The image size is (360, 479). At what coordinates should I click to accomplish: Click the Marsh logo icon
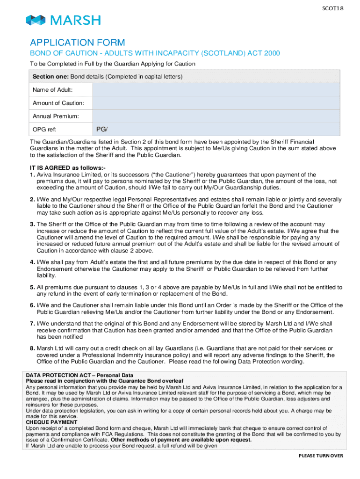(36, 20)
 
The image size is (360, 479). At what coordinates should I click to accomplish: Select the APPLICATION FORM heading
(78, 43)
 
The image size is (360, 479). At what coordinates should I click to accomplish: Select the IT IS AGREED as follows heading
(68, 168)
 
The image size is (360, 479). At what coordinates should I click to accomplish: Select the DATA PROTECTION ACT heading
(79, 375)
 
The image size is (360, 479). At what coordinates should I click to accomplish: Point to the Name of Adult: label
(52, 90)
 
